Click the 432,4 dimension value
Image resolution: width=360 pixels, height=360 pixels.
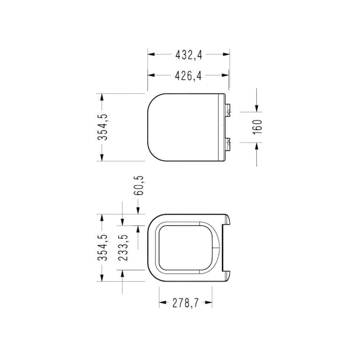tap(189, 55)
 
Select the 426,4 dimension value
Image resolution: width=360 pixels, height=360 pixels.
tap(189, 76)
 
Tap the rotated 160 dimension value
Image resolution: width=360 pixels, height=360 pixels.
tap(258, 127)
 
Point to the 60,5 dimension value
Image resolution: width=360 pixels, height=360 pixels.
tap(139, 186)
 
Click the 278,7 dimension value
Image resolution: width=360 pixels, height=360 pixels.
tap(185, 303)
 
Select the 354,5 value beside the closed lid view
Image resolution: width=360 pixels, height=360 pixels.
tap(103, 127)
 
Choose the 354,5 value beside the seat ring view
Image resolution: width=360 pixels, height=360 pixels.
tap(103, 248)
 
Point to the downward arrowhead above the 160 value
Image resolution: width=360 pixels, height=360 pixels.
tap(257, 108)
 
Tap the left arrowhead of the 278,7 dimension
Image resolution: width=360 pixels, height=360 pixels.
tap(162, 303)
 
